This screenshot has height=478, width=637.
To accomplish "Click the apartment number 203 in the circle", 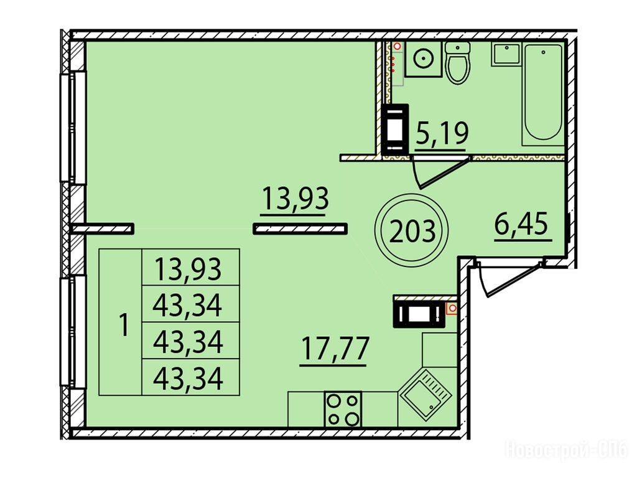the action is click(412, 231).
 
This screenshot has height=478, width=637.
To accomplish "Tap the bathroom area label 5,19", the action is click(442, 133).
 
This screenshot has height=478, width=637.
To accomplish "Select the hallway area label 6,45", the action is click(521, 224).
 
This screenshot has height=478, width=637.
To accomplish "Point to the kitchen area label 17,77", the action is click(335, 349).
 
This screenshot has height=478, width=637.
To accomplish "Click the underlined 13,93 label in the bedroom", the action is click(295, 198).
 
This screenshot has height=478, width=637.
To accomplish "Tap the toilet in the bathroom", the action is click(457, 62).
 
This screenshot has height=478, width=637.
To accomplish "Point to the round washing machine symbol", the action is click(423, 59).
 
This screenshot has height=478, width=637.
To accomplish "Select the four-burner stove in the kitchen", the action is click(343, 409).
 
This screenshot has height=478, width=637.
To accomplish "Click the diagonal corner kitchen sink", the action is click(425, 392).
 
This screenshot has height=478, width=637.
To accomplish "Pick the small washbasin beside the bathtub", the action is click(506, 54).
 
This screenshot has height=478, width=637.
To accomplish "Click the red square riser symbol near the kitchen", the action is click(452, 309).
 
